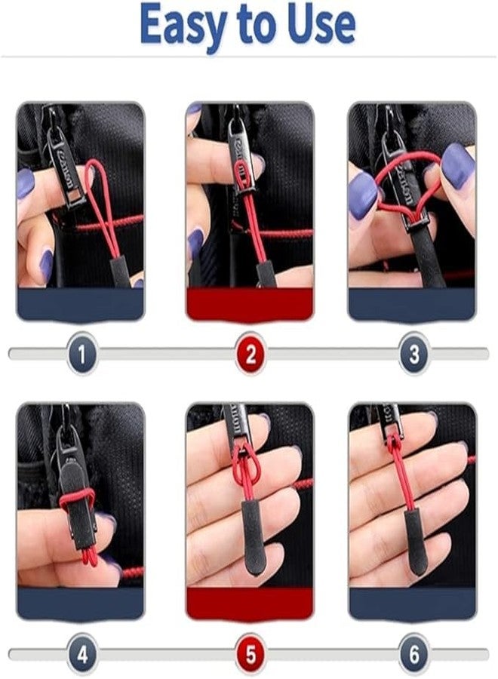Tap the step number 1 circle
(81, 353)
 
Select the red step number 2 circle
(250, 353)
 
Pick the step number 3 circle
(413, 353)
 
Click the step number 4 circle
(81, 653)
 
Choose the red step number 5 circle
(250, 653)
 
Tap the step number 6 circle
(413, 653)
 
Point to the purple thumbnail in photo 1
(26, 183)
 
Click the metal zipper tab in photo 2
(239, 151)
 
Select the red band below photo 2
(250, 304)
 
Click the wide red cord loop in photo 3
(407, 170)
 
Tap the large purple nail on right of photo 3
(457, 166)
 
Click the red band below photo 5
(250, 604)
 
